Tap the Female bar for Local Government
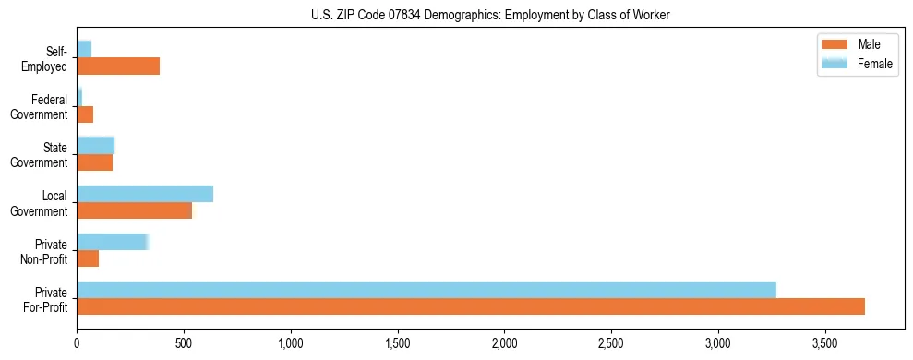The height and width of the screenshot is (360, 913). pyautogui.click(x=145, y=193)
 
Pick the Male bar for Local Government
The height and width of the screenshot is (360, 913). pyautogui.click(x=134, y=210)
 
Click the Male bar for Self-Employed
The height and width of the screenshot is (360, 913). pyautogui.click(x=118, y=66)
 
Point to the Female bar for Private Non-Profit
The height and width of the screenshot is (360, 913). pyautogui.click(x=112, y=241)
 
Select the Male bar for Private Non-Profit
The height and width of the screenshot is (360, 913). pyautogui.click(x=88, y=258)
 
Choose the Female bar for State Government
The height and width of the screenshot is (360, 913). pyautogui.click(x=95, y=145)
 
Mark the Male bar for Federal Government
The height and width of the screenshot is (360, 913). pyautogui.click(x=85, y=114)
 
